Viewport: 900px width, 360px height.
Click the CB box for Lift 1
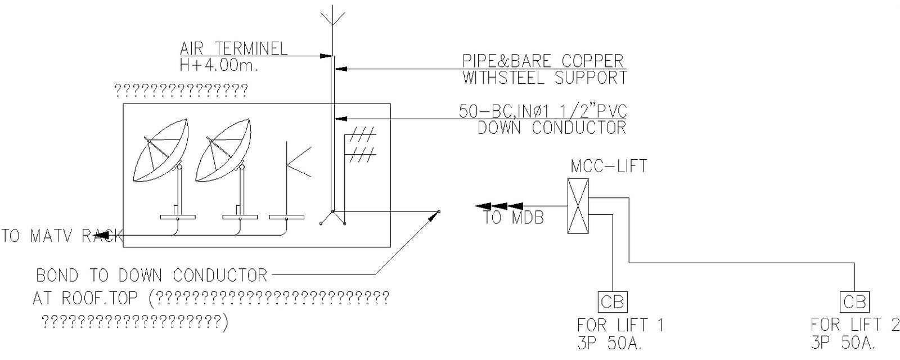611,302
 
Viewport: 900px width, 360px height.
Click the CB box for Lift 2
854,302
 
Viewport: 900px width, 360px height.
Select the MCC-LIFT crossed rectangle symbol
578,206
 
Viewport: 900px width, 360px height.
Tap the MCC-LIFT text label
609,166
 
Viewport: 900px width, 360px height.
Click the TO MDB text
514,218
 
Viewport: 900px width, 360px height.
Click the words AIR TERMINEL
233,48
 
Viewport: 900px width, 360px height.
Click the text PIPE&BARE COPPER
543,61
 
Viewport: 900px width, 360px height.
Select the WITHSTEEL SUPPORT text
544,78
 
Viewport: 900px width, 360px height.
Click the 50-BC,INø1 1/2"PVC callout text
542,111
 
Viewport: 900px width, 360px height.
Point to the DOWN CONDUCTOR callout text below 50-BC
551,128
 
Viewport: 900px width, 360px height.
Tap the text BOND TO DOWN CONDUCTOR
152,276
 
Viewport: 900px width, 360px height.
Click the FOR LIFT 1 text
620,325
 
